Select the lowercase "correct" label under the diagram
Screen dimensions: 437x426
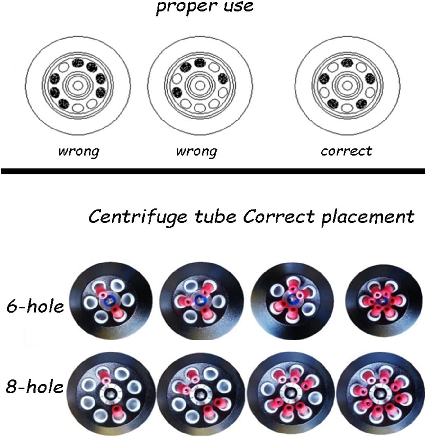[x=346, y=151]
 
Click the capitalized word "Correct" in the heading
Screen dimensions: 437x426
[x=278, y=216]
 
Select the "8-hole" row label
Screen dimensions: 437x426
[x=34, y=386]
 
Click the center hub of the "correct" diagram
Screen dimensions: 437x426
[x=347, y=85]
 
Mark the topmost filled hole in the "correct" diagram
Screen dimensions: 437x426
[x=347, y=63]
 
